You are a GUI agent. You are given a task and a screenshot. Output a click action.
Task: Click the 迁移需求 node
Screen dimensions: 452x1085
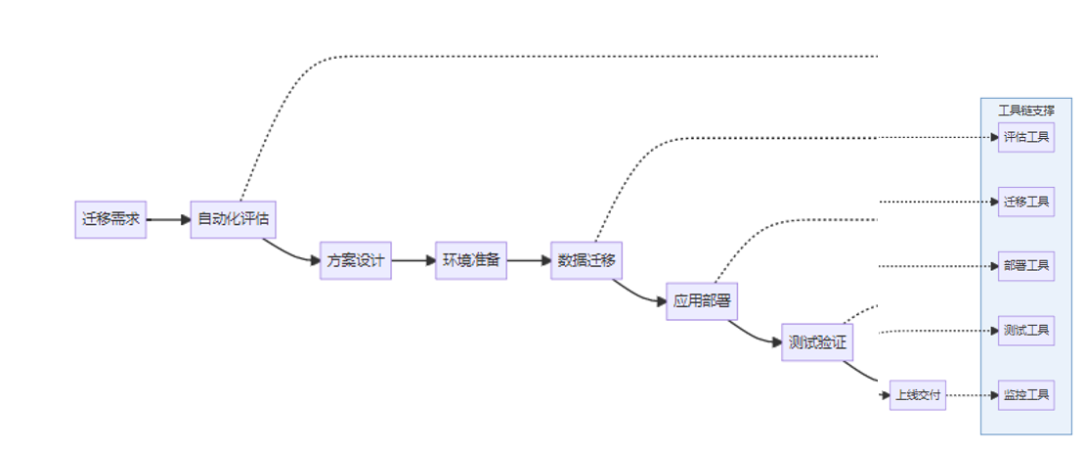(x=110, y=219)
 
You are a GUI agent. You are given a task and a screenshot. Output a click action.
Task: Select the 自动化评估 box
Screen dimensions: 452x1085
(x=234, y=218)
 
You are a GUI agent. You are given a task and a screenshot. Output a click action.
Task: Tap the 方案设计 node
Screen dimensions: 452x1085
(x=356, y=260)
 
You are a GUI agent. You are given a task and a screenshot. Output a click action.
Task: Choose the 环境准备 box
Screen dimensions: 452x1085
(x=471, y=260)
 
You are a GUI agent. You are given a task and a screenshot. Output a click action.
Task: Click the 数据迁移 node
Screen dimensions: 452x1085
(x=586, y=260)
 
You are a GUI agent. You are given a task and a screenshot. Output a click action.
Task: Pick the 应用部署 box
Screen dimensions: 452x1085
(x=702, y=300)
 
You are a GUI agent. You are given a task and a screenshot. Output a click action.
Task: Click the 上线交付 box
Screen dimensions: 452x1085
(x=918, y=395)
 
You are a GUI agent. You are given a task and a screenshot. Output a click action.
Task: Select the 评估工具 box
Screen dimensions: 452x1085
(x=1026, y=137)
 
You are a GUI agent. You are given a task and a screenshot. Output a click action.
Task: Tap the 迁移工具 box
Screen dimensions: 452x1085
(x=1026, y=202)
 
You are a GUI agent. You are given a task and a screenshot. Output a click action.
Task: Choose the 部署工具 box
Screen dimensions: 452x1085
(x=1026, y=266)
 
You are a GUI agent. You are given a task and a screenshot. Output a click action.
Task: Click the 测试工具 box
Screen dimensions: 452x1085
(x=1026, y=331)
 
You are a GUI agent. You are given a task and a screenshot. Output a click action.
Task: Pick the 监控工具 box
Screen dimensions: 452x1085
(x=1026, y=395)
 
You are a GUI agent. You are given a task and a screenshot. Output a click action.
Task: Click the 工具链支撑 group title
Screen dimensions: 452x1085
(x=1026, y=111)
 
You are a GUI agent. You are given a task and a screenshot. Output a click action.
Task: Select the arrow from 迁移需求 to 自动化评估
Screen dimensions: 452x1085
(x=168, y=219)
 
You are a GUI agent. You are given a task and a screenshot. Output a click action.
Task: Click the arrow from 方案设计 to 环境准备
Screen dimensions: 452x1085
(x=413, y=260)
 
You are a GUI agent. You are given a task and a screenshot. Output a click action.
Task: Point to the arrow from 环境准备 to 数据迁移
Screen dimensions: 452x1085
(x=529, y=260)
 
